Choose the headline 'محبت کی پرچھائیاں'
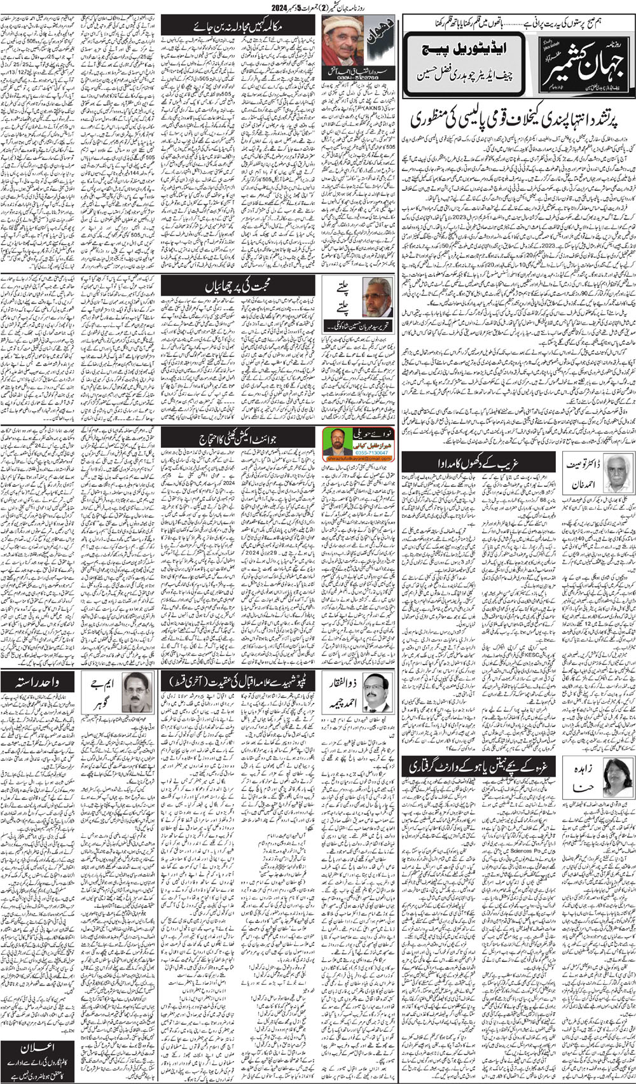pyautogui.click(x=237, y=286)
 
